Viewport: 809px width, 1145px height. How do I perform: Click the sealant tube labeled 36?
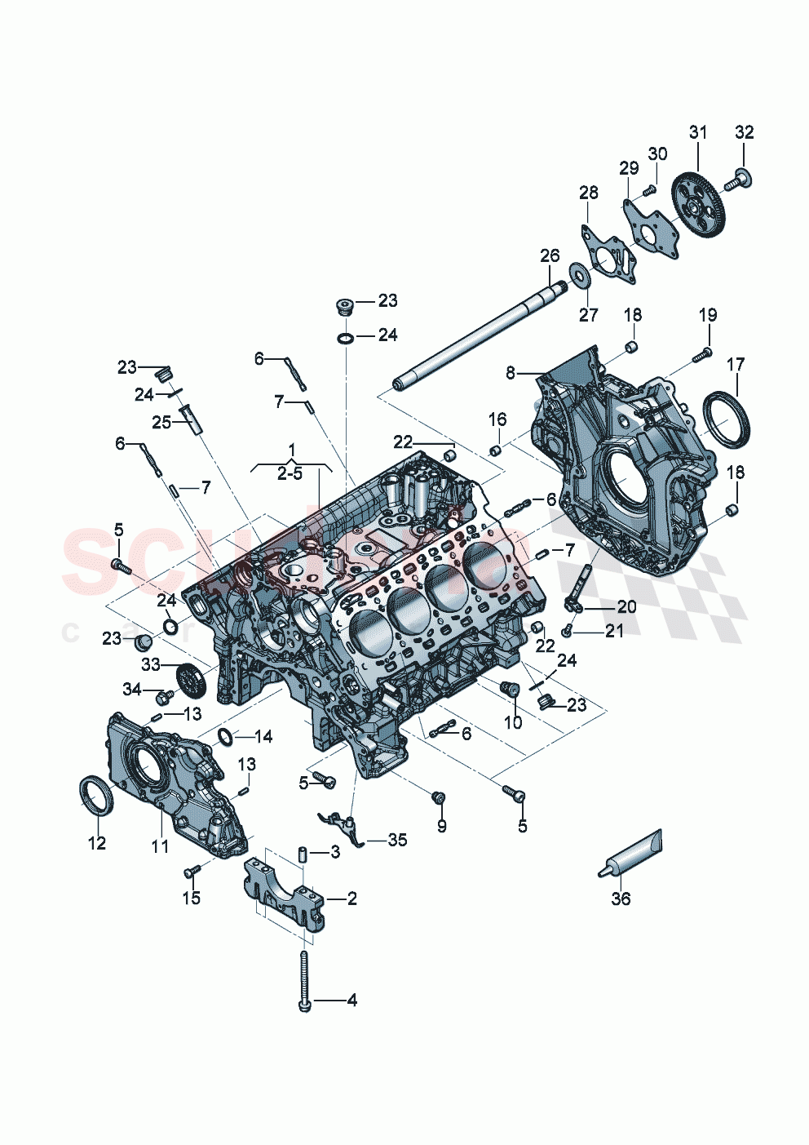tap(633, 854)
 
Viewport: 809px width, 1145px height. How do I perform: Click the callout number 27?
tap(588, 314)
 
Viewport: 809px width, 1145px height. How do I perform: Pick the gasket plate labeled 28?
tap(607, 254)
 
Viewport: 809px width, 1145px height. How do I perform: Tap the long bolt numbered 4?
tap(304, 979)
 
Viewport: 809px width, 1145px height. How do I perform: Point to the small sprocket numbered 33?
tap(189, 679)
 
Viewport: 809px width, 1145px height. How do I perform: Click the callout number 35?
tap(397, 840)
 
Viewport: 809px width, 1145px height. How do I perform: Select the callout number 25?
tap(161, 422)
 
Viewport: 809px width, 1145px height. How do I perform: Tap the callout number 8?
tap(511, 373)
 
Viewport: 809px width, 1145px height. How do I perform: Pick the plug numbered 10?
tap(510, 690)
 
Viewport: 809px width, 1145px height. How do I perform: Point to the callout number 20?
tap(626, 606)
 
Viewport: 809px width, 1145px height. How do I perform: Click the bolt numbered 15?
tap(192, 874)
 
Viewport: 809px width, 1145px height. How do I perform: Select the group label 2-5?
tap(290, 473)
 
